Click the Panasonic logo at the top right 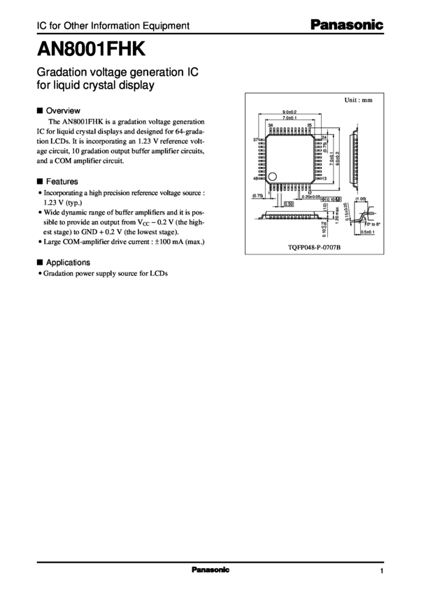point(347,25)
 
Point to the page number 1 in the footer point(383,571)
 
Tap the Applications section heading point(68,263)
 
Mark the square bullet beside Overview point(40,110)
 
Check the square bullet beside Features point(40,180)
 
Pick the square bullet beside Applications point(40,263)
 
